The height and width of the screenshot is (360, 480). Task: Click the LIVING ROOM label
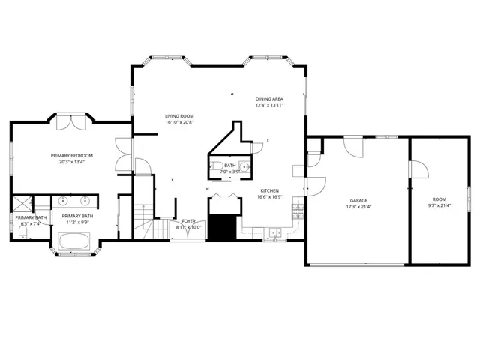[x=180, y=116]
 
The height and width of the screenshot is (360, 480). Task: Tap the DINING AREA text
[x=268, y=98]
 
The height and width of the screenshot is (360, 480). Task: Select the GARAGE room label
[x=358, y=200]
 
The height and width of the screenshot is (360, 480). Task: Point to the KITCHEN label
[x=270, y=190]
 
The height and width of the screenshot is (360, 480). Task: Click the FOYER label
[x=190, y=221]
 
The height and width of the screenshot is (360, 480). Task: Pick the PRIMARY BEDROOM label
[x=68, y=156]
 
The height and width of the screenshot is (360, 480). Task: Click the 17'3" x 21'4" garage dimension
[x=358, y=207]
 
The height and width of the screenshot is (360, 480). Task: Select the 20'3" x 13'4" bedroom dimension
[x=68, y=163]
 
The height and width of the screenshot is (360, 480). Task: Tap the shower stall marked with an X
[x=21, y=202]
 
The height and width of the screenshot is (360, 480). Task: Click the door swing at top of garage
[x=353, y=146]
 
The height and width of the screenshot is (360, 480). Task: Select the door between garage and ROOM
[x=419, y=170]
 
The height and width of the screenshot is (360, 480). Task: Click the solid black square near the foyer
[x=220, y=227]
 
